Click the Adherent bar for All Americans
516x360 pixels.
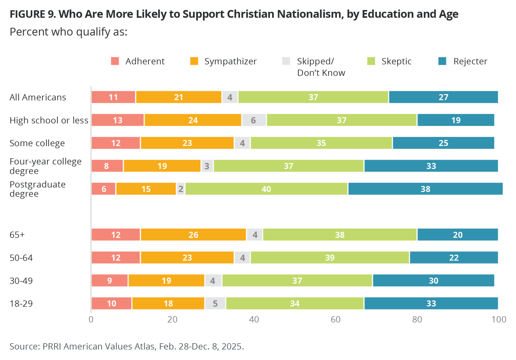[114, 97]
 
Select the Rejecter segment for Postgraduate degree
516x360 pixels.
[425, 189]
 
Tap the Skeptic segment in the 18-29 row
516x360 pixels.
[295, 304]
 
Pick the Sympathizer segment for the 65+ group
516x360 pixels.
[193, 235]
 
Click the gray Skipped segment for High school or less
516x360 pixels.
[254, 120]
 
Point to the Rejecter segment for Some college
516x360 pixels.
[443, 143]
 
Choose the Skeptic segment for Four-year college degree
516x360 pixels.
[289, 166]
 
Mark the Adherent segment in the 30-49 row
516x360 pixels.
[110, 281]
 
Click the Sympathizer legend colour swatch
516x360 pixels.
[194, 61]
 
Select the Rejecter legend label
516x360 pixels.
[470, 61]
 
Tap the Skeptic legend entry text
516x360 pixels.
[396, 61]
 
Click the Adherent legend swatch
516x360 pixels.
[115, 61]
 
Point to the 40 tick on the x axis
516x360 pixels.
[254, 319]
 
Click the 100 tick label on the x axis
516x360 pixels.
[499, 319]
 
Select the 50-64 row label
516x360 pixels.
[21, 258]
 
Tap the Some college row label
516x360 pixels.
[37, 143]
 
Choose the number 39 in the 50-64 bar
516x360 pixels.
[330, 258]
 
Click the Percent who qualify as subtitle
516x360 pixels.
[69, 32]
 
